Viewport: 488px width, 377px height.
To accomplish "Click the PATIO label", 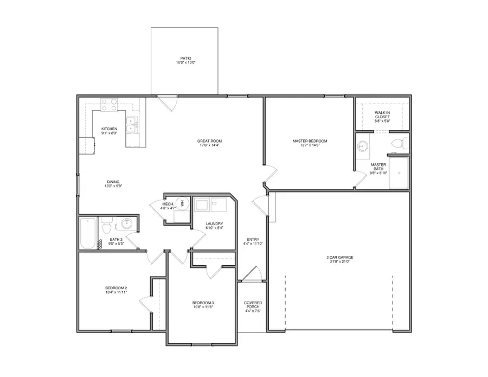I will click(185, 59).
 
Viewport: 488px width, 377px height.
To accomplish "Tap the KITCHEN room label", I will click(109, 129).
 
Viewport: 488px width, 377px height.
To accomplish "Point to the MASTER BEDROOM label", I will click(310, 141).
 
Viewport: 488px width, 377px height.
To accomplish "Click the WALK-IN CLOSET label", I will click(382, 114).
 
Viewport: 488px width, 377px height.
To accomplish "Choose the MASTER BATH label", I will click(378, 166).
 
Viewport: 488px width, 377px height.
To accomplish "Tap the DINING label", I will click(113, 182).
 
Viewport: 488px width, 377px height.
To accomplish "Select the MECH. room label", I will click(167, 204).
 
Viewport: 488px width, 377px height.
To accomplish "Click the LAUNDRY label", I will click(214, 223).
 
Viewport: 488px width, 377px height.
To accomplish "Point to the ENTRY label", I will click(253, 239).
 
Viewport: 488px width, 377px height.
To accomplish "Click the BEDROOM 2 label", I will click(116, 288).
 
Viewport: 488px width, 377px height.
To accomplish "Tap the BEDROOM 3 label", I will click(203, 303).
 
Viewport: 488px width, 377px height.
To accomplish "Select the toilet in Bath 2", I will click(107, 223).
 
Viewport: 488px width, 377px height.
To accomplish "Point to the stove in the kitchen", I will click(110, 104).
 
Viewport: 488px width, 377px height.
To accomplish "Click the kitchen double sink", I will click(131, 125).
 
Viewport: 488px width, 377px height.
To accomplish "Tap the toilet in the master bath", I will click(399, 144).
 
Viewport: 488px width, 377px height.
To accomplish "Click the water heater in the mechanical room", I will click(183, 203).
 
